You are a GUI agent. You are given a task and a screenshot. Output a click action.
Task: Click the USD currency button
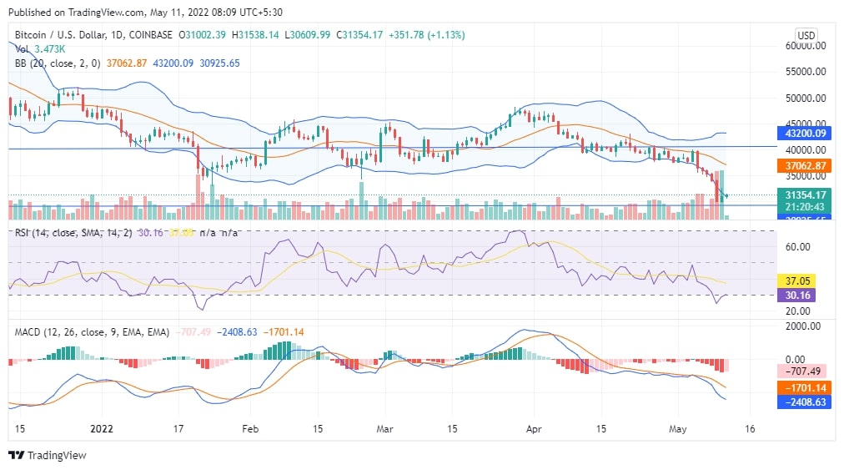click(806, 35)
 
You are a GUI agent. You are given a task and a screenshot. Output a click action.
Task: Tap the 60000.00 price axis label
click(806, 47)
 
